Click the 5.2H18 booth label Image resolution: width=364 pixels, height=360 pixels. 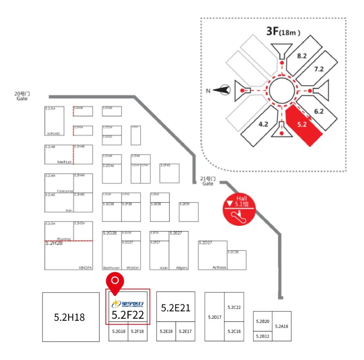[69, 317]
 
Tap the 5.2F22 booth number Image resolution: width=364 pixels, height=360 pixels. [128, 315]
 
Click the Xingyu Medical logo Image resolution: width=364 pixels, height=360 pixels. [128, 304]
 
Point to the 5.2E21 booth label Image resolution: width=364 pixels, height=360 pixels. [176, 308]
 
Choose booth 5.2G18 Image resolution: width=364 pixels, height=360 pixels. [119, 331]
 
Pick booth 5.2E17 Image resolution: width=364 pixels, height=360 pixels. [185, 331]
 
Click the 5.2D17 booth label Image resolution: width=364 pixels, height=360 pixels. [214, 317]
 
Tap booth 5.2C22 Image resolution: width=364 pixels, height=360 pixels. [234, 307]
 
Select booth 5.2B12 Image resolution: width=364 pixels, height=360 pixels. [263, 336]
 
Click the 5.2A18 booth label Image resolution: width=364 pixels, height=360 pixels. [281, 326]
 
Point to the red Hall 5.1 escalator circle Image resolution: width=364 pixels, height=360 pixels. [239, 209]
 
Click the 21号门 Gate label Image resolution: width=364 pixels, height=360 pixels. [208, 181]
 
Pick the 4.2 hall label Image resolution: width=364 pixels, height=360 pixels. [263, 124]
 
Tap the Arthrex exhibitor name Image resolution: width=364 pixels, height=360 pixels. [219, 267]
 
